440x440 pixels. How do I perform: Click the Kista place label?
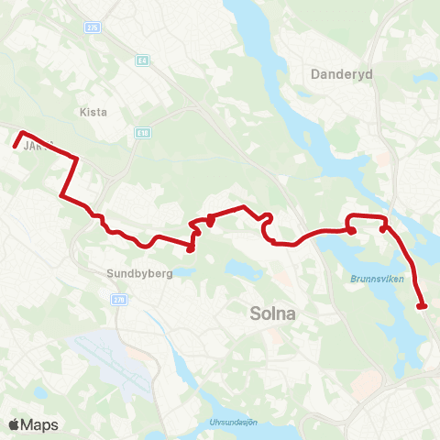coord(93,113)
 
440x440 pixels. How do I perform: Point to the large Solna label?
coord(272,313)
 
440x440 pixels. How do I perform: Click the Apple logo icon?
coord(15,424)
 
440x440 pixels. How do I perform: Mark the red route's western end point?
coord(16,144)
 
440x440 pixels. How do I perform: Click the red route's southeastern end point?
coord(422,307)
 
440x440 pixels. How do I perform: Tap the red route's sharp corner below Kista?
coord(60,194)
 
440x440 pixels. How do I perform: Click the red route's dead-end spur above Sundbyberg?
coord(191,248)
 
